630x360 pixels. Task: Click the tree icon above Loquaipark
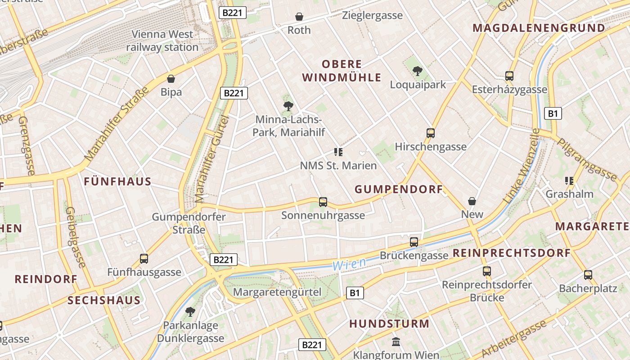[x=418, y=71]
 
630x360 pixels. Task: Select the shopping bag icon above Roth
[x=299, y=17]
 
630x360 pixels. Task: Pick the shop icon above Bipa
[x=171, y=79]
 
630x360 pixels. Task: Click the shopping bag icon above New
[x=472, y=201]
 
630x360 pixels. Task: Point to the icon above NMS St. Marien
[x=338, y=152]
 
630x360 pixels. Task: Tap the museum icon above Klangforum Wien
[x=396, y=342]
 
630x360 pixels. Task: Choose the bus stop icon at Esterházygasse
[x=509, y=76]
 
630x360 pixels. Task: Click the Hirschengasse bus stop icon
[x=431, y=133]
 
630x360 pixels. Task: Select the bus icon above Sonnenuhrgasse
[x=323, y=202]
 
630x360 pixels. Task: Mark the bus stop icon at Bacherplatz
[x=588, y=275]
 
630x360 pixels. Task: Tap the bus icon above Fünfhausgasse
[x=144, y=259]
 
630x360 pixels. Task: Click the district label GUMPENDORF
[x=399, y=189]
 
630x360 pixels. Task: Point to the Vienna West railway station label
[x=162, y=40]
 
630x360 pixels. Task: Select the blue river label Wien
[x=349, y=264]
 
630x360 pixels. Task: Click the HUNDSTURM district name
[x=389, y=324]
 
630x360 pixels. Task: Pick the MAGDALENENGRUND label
[x=539, y=28]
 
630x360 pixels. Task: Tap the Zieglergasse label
[x=372, y=15]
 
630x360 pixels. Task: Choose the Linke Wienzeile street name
[x=522, y=166]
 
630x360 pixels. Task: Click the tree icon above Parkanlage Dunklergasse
[x=190, y=311]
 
